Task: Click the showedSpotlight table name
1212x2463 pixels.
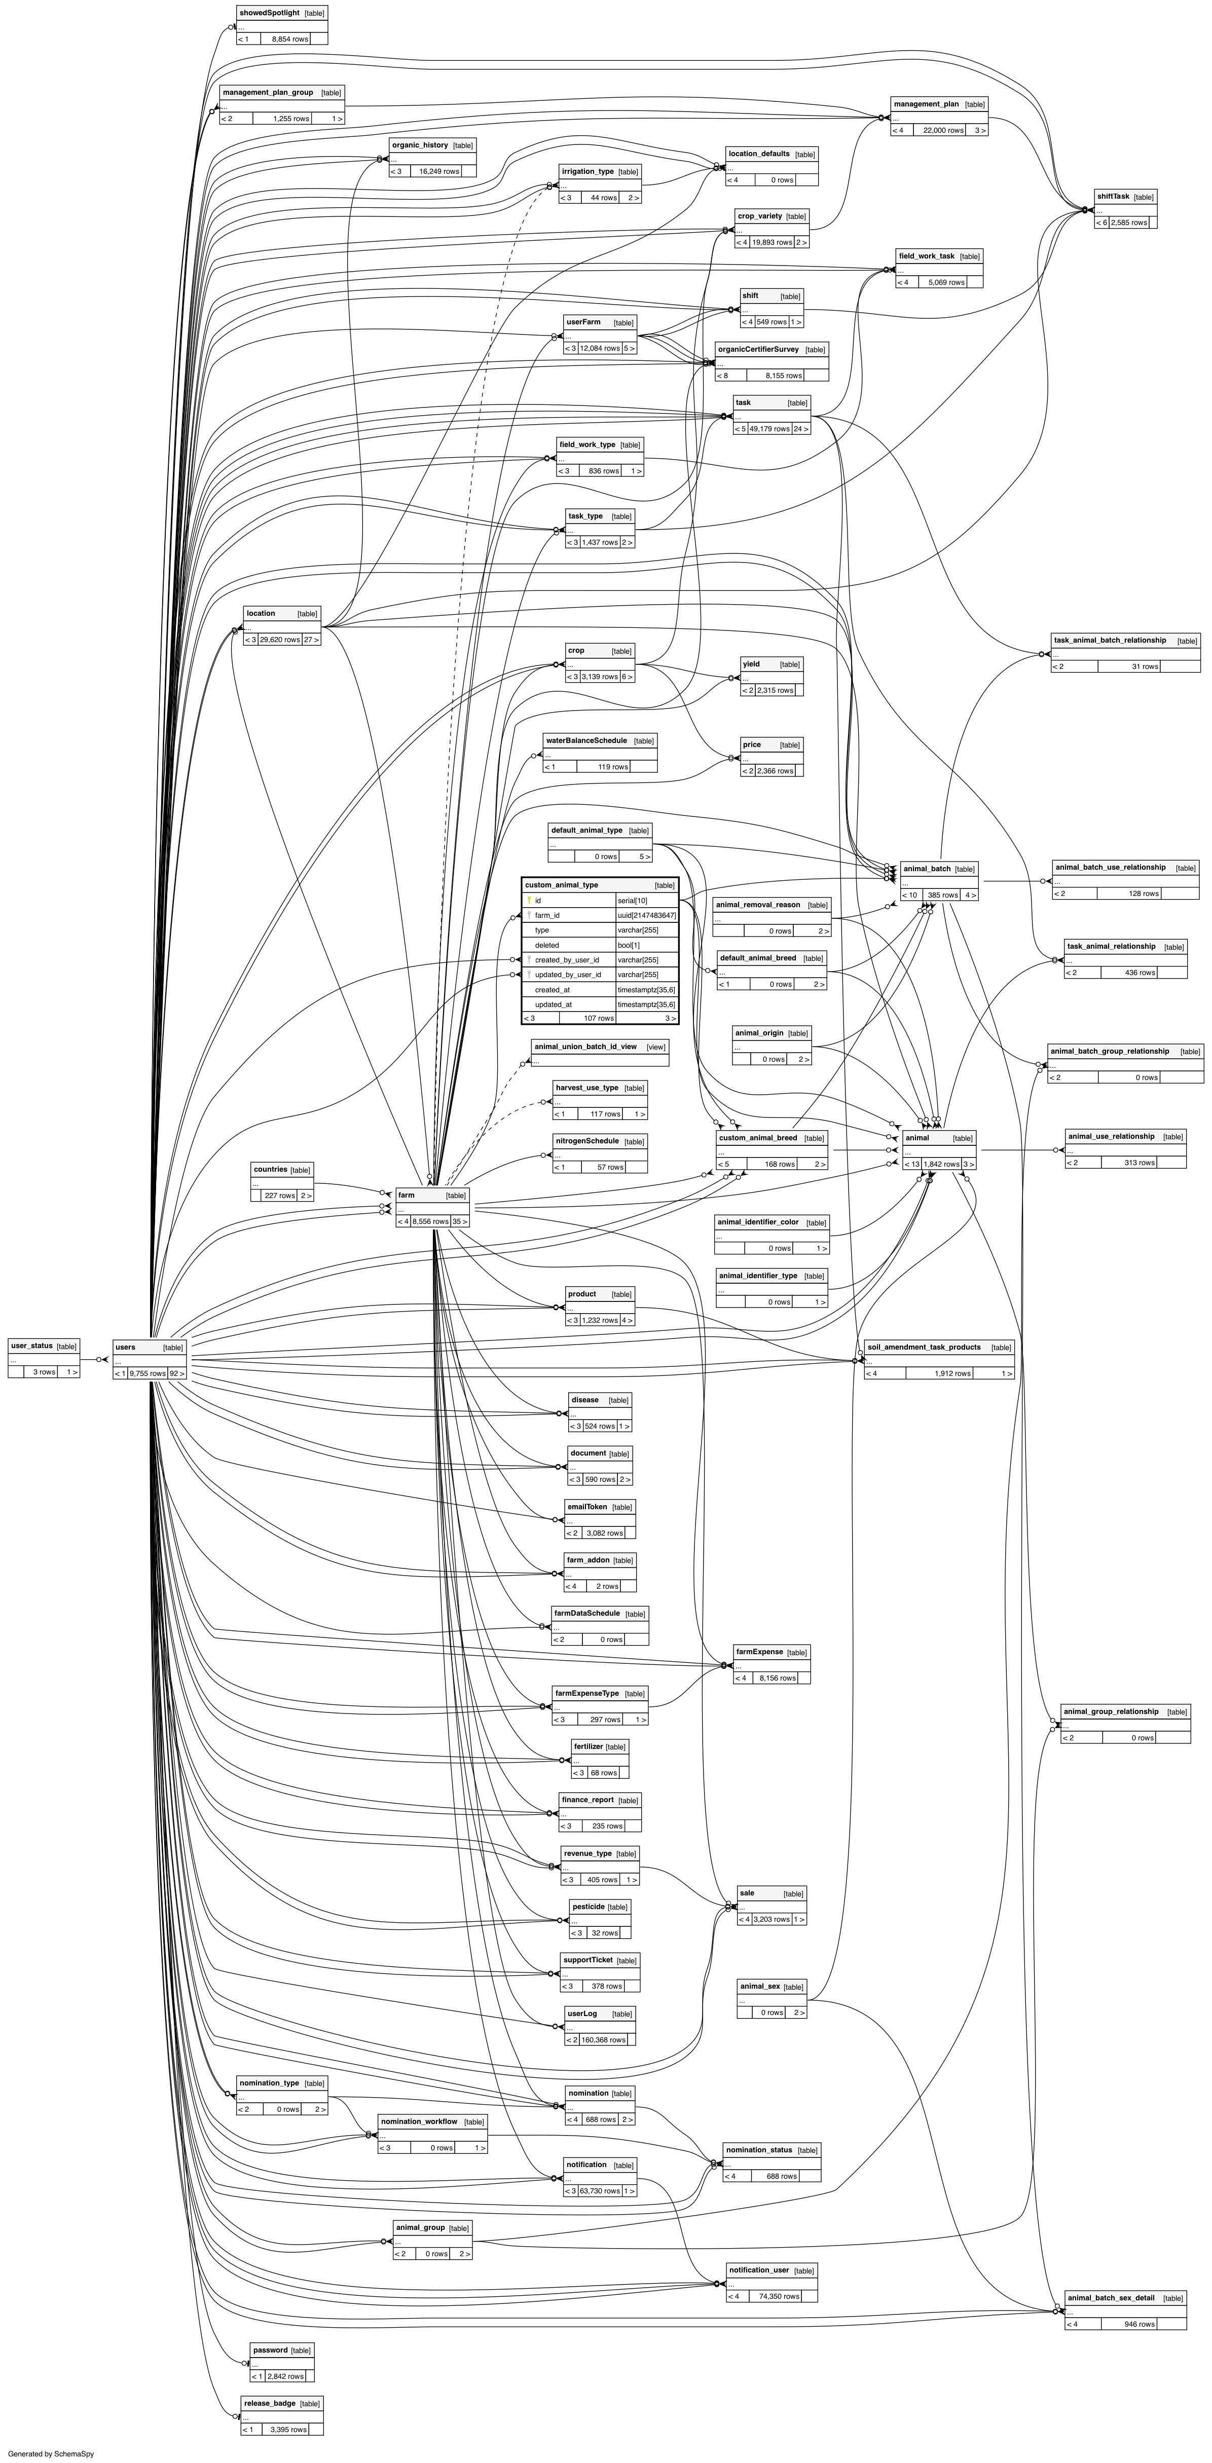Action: coord(269,13)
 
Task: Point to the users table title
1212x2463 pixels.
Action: coord(125,1347)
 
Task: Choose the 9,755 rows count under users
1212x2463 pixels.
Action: coord(148,1373)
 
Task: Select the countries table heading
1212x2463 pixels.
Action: coord(270,1169)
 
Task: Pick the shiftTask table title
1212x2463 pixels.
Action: coord(1113,196)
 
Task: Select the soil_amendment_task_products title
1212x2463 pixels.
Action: coord(923,1346)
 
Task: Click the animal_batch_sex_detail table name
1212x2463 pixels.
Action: coord(1111,2298)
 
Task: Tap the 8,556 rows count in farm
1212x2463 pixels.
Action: coord(431,1221)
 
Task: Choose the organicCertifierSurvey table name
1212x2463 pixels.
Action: coord(758,349)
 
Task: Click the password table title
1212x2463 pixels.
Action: coord(270,2349)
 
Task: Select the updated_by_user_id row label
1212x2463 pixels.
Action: coord(568,974)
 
